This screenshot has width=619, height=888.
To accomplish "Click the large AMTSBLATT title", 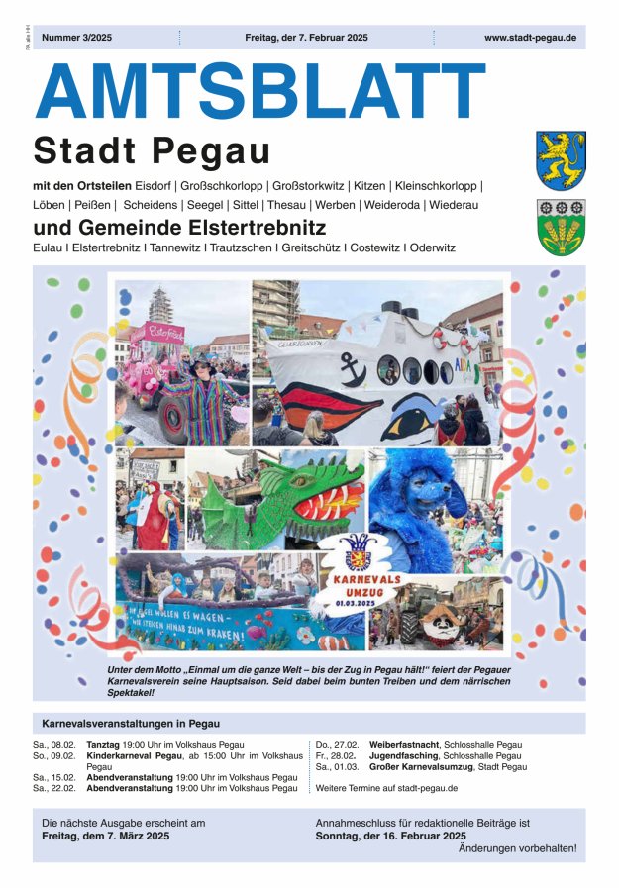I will pyautogui.click(x=259, y=92).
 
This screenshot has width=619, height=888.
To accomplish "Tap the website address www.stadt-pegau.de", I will pyautogui.click(x=530, y=38).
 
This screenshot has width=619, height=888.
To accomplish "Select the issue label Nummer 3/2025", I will pyautogui.click(x=77, y=38).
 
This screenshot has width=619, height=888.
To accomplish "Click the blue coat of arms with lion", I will pyautogui.click(x=561, y=159).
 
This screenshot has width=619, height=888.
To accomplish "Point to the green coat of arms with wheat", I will pyautogui.click(x=561, y=227).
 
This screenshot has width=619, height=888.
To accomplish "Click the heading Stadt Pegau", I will pyautogui.click(x=152, y=151).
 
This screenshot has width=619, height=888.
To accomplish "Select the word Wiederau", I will pyautogui.click(x=455, y=205).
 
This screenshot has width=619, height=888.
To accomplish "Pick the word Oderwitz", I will pyautogui.click(x=433, y=247).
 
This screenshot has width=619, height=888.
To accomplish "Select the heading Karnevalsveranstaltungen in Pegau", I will pyautogui.click(x=131, y=723).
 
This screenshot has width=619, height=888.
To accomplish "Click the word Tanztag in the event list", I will pyautogui.click(x=103, y=744).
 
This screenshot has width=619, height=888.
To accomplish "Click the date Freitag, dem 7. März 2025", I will pyautogui.click(x=106, y=837).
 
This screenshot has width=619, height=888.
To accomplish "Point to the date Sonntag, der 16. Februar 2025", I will pyautogui.click(x=390, y=836).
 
